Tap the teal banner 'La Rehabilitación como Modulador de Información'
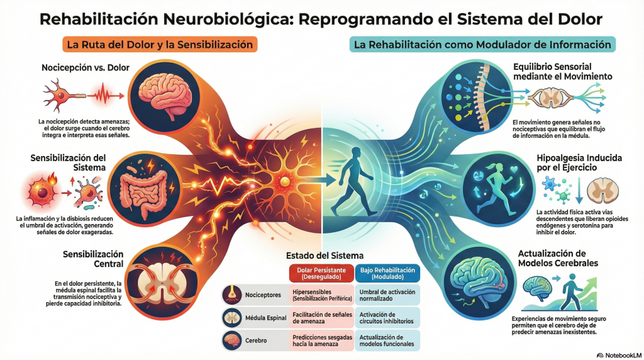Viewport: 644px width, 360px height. pos(482,45)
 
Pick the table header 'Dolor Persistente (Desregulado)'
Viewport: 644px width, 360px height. pos(321,273)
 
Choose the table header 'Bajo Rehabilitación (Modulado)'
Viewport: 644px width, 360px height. pos(387,273)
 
